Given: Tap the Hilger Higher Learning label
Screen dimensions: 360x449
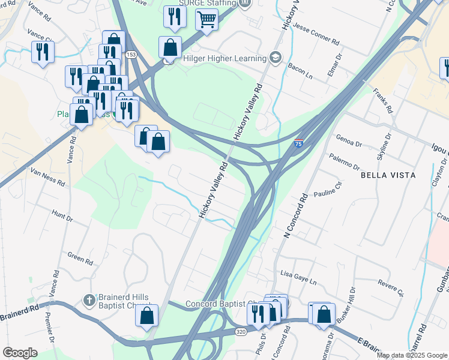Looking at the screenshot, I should tap(224, 58).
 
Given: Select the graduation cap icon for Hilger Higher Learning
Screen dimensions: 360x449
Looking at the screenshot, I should tap(276, 58).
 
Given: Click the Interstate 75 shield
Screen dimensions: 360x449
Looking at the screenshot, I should tap(298, 143).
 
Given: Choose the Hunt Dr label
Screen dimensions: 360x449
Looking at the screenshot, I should tap(62, 214).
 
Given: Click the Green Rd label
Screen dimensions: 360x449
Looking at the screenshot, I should tap(80, 259).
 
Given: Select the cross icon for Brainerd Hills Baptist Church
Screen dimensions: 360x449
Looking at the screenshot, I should tap(88, 299).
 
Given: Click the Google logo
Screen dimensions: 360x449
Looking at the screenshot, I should tap(20, 353).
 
